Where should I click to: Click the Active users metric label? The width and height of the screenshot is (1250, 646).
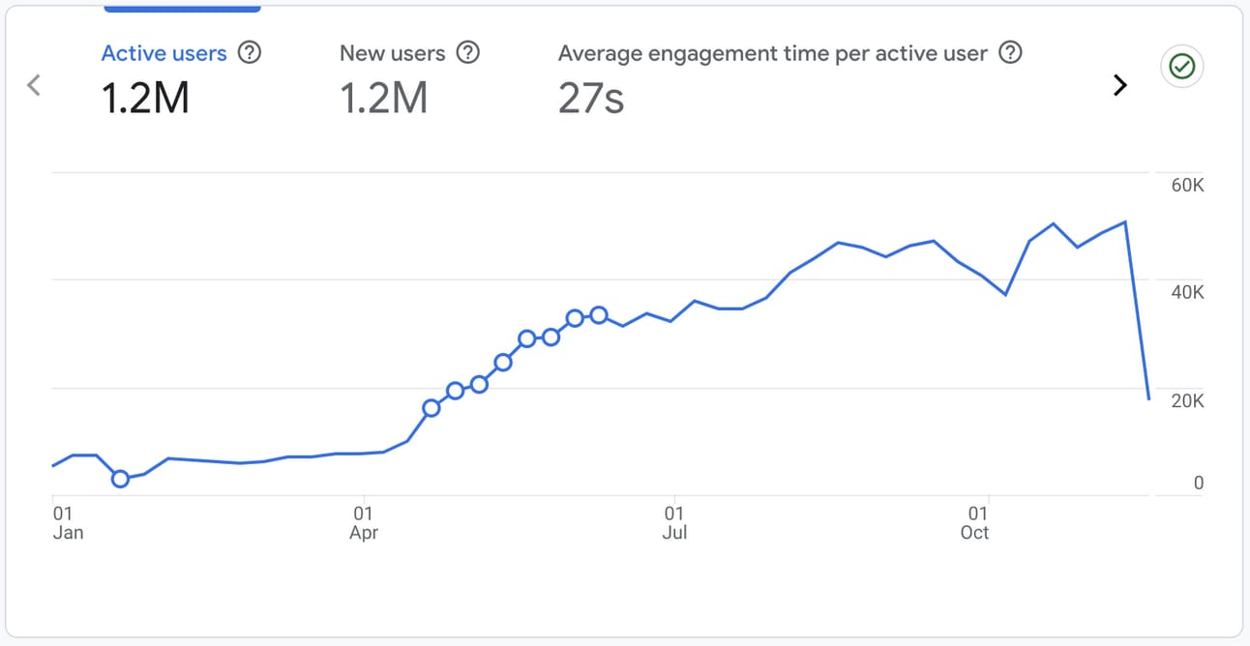[x=164, y=53]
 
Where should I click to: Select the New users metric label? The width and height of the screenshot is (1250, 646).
[x=392, y=53]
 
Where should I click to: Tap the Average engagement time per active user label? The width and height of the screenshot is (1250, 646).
[x=773, y=53]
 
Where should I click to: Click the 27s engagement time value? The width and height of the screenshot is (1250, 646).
[x=591, y=99]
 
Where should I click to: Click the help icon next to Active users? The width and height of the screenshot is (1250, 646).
[x=250, y=53]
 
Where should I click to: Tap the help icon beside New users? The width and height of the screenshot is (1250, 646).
[x=467, y=53]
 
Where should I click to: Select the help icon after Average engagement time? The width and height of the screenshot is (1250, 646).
[x=1011, y=53]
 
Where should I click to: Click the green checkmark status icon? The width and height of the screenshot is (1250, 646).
[x=1182, y=67]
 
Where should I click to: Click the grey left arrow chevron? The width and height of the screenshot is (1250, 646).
[x=34, y=85]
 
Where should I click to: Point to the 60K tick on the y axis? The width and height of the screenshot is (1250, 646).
[x=1187, y=186]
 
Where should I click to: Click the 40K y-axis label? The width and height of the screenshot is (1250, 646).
[x=1187, y=292]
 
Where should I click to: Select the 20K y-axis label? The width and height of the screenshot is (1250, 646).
[x=1187, y=400]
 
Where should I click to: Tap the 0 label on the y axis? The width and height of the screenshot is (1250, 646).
[x=1198, y=483]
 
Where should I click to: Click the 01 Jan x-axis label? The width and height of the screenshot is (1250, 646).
[x=68, y=523]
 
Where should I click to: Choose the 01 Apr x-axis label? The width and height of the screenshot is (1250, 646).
[x=364, y=523]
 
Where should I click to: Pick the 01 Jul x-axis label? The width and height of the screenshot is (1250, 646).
[x=674, y=523]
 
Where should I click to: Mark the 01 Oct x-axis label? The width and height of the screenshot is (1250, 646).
[x=975, y=523]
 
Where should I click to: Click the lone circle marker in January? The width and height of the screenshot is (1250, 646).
[x=121, y=479]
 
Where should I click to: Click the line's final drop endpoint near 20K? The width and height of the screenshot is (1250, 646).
[x=1149, y=398]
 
